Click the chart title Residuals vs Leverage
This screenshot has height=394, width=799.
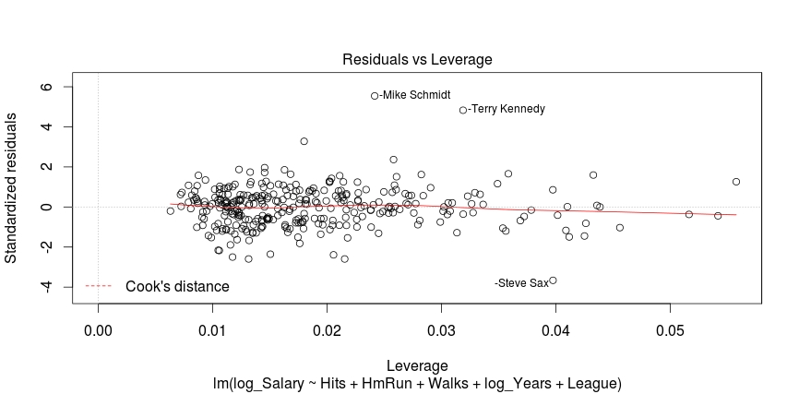[417, 59]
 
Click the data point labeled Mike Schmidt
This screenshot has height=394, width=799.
[375, 96]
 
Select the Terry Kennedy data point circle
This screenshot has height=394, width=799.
[463, 110]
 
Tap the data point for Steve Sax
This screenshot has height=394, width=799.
[553, 281]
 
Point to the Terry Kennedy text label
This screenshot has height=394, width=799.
[507, 109]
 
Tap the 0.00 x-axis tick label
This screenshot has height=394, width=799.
[98, 329]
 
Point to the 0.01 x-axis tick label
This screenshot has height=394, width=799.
[212, 329]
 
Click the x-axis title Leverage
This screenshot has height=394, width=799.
[417, 366]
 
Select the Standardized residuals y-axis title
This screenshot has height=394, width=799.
[13, 188]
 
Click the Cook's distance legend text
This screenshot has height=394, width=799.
[177, 287]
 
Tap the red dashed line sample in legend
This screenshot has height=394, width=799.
[100, 287]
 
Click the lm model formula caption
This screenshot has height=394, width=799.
[417, 382]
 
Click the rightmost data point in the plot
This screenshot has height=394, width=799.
[736, 182]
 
